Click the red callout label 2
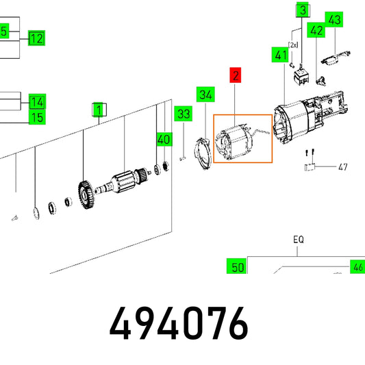[236, 75]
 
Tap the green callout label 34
[205, 95]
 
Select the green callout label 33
[184, 114]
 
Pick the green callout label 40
[164, 140]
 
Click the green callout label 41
[280, 55]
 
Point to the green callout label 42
[316, 30]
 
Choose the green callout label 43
[334, 19]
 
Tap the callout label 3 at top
[303, 10]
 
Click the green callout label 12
[36, 38]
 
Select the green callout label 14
[37, 101]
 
